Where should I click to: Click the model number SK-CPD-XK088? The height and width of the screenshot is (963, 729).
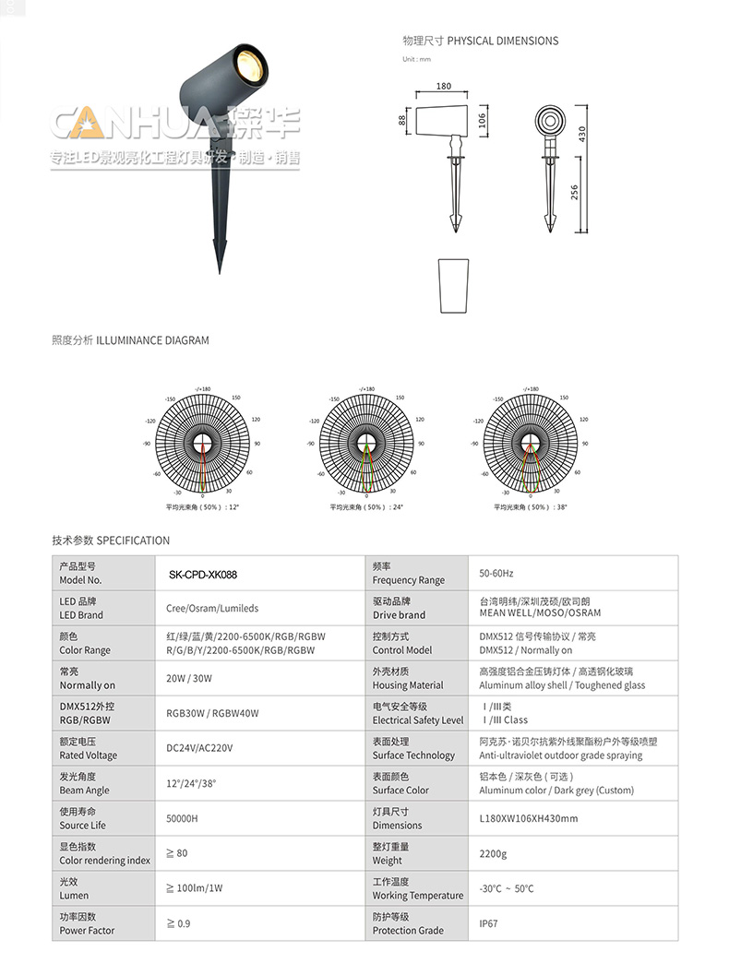[x=203, y=574]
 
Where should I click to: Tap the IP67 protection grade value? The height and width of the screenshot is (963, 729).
[x=488, y=922]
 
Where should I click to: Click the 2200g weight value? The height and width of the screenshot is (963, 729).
[x=493, y=853]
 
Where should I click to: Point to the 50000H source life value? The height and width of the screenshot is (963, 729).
[x=182, y=818]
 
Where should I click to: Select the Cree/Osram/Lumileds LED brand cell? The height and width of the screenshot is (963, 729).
[x=212, y=608]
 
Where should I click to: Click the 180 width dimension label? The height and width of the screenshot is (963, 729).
[x=443, y=87]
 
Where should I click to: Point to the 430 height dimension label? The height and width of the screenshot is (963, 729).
[x=582, y=134]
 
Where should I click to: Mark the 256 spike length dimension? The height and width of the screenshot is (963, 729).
[x=574, y=192]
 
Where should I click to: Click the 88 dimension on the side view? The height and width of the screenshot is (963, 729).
[x=403, y=120]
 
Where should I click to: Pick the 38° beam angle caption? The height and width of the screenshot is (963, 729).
[x=531, y=507]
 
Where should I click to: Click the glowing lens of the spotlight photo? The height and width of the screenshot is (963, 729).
[x=248, y=65]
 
